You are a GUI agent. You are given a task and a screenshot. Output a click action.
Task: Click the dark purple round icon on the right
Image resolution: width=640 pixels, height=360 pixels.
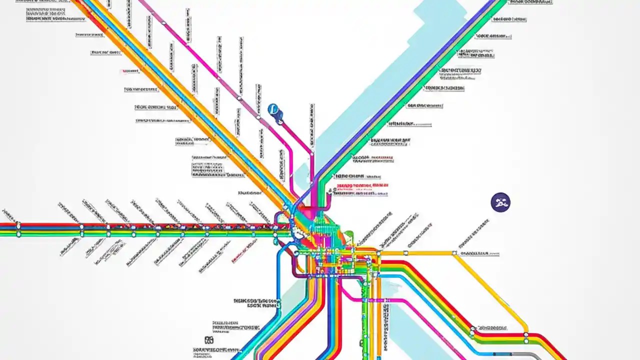coord(500,202)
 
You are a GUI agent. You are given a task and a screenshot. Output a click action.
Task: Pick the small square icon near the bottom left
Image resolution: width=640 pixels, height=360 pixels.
coord(209,340)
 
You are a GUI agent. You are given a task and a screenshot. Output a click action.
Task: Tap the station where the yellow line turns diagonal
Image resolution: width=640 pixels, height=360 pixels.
coord(454,253)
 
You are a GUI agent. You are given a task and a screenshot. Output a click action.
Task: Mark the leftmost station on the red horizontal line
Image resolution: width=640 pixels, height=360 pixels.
coord(18,225)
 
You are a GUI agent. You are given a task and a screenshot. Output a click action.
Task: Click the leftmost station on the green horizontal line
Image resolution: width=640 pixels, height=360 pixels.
coord(18,233)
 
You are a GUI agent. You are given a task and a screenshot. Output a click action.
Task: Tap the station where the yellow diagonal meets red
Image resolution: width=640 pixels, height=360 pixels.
coord(526,334)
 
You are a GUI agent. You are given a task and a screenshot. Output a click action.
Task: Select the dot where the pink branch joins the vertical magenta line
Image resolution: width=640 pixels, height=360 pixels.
coord(311,153)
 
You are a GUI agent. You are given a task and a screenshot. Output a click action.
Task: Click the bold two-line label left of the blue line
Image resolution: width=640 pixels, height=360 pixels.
coord(255,302)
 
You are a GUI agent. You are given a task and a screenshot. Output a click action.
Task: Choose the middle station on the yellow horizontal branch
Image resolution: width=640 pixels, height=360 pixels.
coord(378,253)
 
